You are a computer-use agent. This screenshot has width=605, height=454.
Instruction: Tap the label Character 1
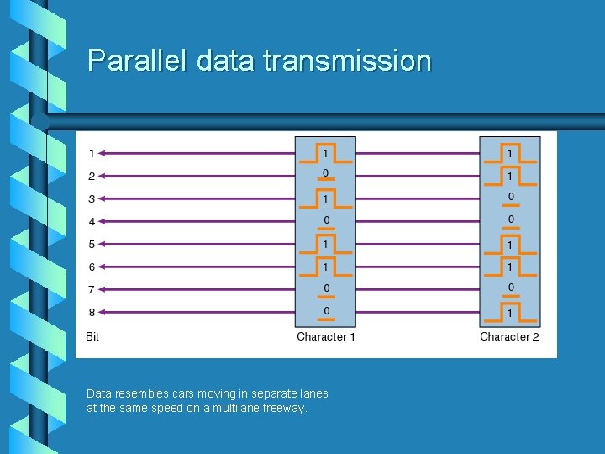click(326, 336)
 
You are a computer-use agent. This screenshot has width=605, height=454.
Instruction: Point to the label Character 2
click(509, 336)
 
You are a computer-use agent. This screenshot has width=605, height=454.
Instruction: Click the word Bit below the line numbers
click(92, 336)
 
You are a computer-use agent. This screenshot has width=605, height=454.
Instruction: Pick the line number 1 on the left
click(92, 154)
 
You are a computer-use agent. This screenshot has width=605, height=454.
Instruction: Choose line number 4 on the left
click(92, 222)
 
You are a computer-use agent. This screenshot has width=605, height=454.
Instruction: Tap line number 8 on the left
click(92, 313)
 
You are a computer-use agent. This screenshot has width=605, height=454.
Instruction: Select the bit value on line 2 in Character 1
click(326, 173)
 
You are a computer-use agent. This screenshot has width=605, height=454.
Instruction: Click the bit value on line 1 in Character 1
click(326, 151)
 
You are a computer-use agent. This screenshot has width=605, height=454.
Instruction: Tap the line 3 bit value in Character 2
click(509, 197)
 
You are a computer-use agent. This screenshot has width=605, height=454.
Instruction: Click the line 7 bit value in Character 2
click(509, 288)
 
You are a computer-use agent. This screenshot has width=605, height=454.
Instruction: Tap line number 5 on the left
click(92, 245)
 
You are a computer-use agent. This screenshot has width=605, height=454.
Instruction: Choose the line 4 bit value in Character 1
click(326, 219)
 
